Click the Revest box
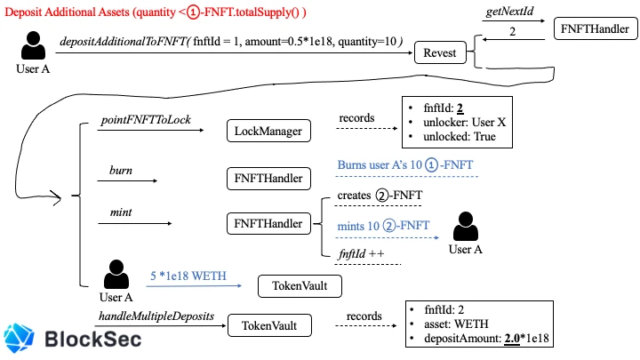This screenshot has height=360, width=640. (x=440, y=52)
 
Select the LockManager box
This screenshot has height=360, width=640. (x=268, y=131)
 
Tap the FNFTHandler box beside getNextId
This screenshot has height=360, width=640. (x=596, y=28)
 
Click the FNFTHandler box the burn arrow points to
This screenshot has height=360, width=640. (x=268, y=179)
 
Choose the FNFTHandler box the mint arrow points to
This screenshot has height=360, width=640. (x=268, y=223)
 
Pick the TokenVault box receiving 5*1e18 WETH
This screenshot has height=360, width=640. (x=300, y=285)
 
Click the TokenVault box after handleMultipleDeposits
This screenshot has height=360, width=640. (x=269, y=325)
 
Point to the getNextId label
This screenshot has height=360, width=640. (x=509, y=11)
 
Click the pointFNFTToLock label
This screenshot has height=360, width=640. (x=146, y=120)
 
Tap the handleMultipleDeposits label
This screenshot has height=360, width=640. (x=156, y=316)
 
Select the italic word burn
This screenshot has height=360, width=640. (x=121, y=170)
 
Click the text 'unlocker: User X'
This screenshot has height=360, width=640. (x=465, y=122)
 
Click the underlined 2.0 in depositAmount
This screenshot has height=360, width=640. (x=512, y=339)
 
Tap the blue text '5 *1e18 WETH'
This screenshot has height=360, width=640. (x=188, y=276)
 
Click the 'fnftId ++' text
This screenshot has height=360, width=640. (x=361, y=254)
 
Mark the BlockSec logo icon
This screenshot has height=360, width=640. (x=19, y=338)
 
